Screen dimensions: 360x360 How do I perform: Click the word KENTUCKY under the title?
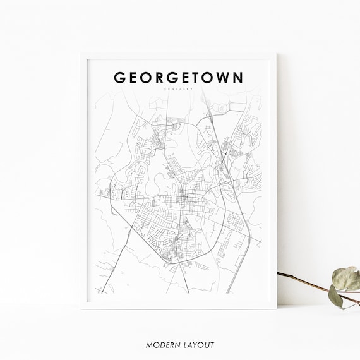(179, 90)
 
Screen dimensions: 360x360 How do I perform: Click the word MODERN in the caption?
(162, 345)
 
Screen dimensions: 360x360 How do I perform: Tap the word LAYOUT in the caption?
(198, 345)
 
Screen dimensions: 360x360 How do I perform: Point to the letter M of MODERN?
(149, 345)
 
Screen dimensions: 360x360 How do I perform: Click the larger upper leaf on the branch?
(347, 277)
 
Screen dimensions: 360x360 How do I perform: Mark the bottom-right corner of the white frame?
(277, 308)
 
